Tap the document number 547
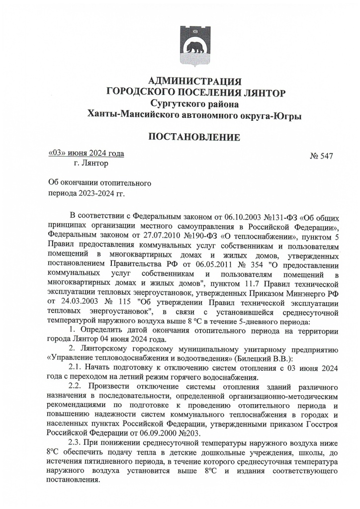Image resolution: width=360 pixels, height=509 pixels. pyautogui.click(x=327, y=156)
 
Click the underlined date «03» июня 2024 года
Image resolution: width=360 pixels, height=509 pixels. pyautogui.click(x=86, y=153)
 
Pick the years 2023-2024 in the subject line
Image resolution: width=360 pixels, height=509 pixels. pyautogui.click(x=93, y=192)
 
